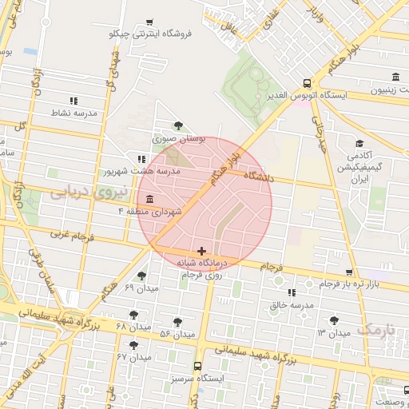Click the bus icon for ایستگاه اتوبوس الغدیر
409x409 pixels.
pos(308,83)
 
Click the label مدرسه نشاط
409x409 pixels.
pos(73,113)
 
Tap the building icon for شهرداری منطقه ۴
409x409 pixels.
pos(150,199)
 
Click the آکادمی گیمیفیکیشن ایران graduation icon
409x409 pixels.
pos(359,144)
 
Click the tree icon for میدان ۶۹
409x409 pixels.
pos(141,276)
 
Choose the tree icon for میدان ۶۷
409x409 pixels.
pos(133,345)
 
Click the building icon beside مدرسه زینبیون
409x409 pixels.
pos(396,77)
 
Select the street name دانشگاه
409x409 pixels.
pos(258,177)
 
